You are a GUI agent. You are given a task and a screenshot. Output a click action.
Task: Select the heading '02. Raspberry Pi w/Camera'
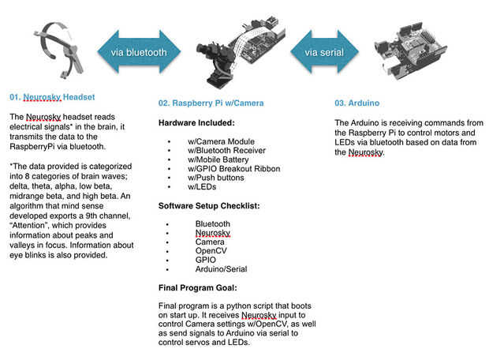coord(211,103)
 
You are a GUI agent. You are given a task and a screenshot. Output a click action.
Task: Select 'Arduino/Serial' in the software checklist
coord(221,269)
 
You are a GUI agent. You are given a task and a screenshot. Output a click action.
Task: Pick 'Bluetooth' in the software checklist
coord(213,223)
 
